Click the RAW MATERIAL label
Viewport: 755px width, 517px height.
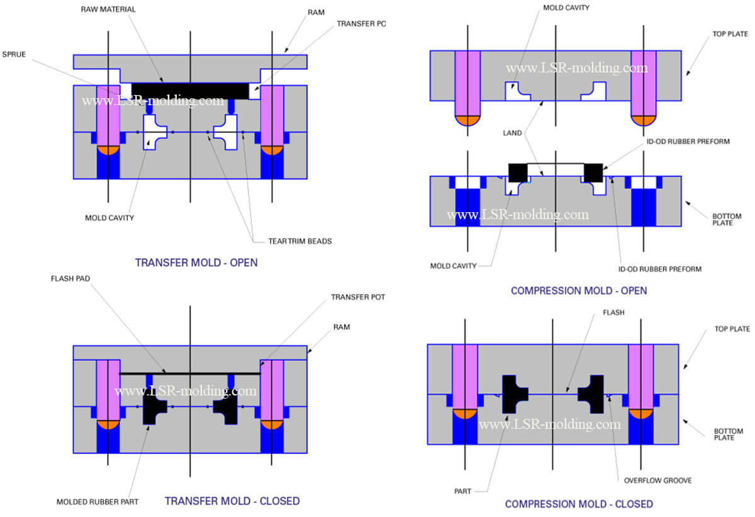(x=108, y=9)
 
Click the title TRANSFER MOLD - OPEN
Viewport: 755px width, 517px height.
(x=196, y=263)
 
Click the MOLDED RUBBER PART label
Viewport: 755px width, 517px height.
(x=98, y=502)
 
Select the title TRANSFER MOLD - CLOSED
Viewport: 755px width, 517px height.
(x=232, y=501)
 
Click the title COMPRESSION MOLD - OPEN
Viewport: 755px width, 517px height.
(x=579, y=290)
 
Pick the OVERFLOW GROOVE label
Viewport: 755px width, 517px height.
(x=657, y=480)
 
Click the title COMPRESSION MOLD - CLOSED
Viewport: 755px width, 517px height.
(x=579, y=504)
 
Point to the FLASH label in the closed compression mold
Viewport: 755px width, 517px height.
(x=613, y=312)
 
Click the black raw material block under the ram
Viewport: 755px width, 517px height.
(x=189, y=91)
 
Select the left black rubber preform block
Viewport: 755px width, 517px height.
(x=517, y=172)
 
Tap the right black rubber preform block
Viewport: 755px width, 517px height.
(x=593, y=172)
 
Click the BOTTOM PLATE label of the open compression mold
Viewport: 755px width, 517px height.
(x=727, y=220)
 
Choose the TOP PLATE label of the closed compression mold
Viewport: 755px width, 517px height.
(x=732, y=329)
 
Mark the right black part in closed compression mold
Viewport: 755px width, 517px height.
(x=592, y=394)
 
